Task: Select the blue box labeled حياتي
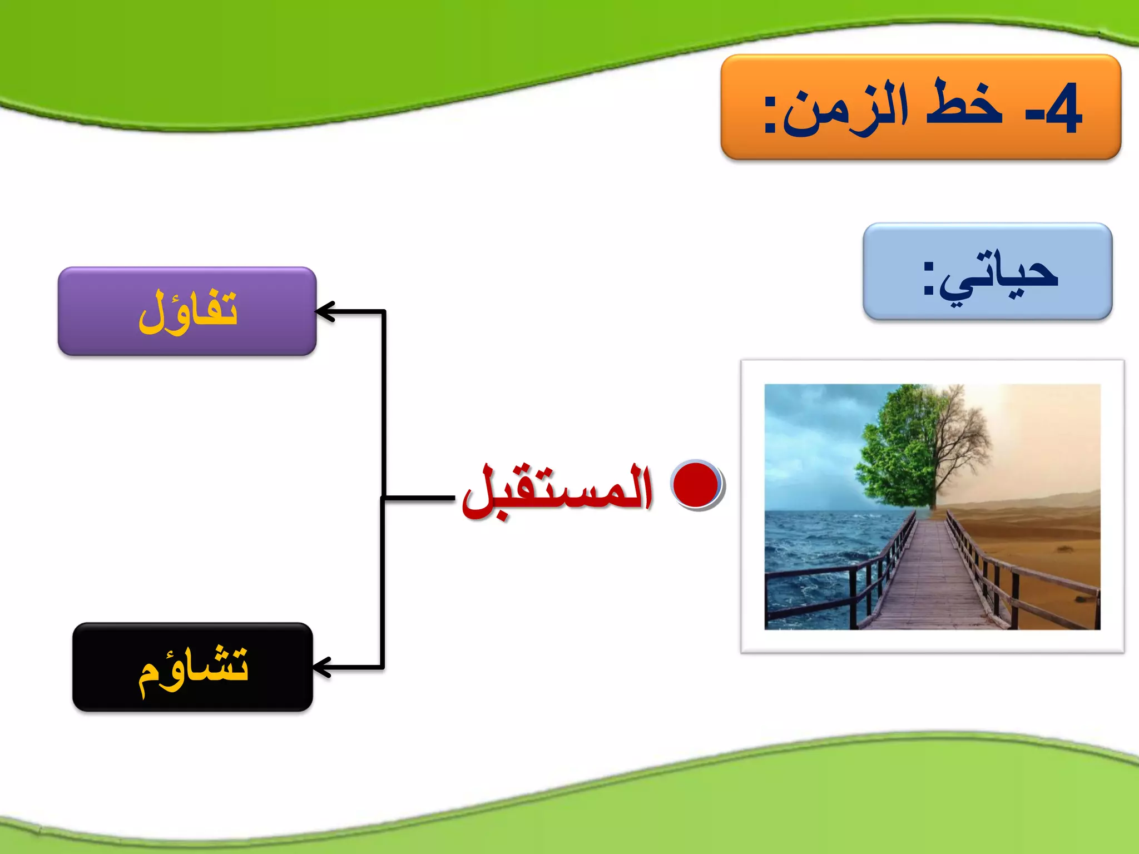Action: tap(987, 271)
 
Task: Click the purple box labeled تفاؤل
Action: tap(187, 311)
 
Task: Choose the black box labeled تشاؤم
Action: tap(192, 667)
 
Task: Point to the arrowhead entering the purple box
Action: tap(324, 312)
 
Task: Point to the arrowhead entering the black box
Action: tap(321, 667)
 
